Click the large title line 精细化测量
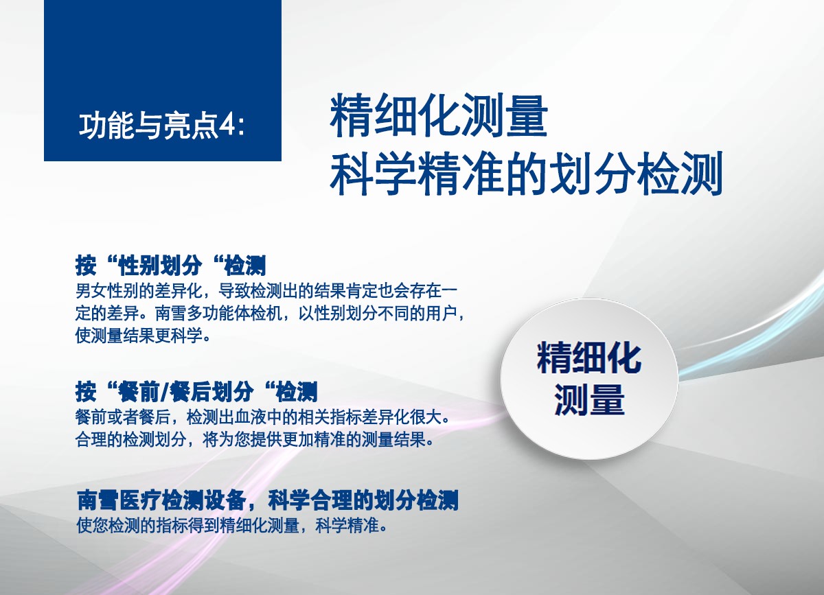439,115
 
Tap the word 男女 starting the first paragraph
91,291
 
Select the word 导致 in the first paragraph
234,291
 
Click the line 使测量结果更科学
139,336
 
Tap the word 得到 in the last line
203,525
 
